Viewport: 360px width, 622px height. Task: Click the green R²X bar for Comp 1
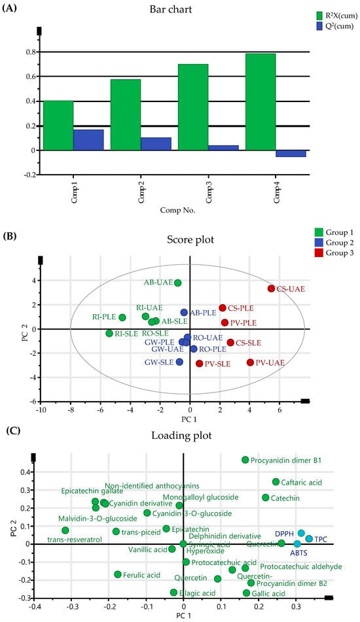58,126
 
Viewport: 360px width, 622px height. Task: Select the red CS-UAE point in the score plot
272,288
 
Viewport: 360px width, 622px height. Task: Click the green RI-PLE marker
122,317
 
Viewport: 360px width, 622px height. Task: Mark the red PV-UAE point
250,362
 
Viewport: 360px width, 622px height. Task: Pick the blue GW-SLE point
179,362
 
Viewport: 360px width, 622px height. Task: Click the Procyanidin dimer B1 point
245,460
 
